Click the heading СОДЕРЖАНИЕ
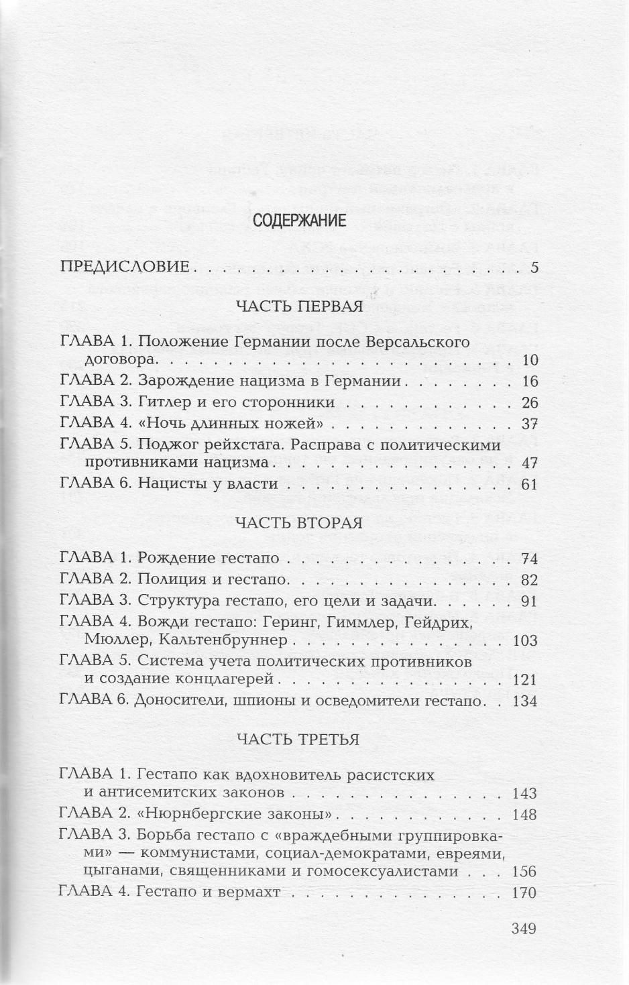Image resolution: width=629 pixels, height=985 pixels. tap(299, 221)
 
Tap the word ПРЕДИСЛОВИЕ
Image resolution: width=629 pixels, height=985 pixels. tap(125, 267)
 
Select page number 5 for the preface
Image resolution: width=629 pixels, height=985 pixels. tap(534, 268)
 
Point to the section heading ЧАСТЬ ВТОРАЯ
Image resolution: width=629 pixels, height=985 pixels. tap(299, 523)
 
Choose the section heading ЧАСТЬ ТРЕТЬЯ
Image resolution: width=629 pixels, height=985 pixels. tap(298, 740)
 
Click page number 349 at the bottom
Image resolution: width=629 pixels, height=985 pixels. tap(523, 929)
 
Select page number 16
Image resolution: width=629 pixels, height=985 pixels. tap(530, 382)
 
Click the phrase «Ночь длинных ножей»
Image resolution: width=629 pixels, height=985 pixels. tap(233, 424)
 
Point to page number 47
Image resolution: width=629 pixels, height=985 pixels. tap(530, 463)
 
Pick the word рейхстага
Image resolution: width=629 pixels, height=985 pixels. tap(236, 445)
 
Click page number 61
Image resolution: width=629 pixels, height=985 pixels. tap(530, 484)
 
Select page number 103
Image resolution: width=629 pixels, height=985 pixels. tap(524, 640)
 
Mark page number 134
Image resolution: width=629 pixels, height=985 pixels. tap(524, 701)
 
